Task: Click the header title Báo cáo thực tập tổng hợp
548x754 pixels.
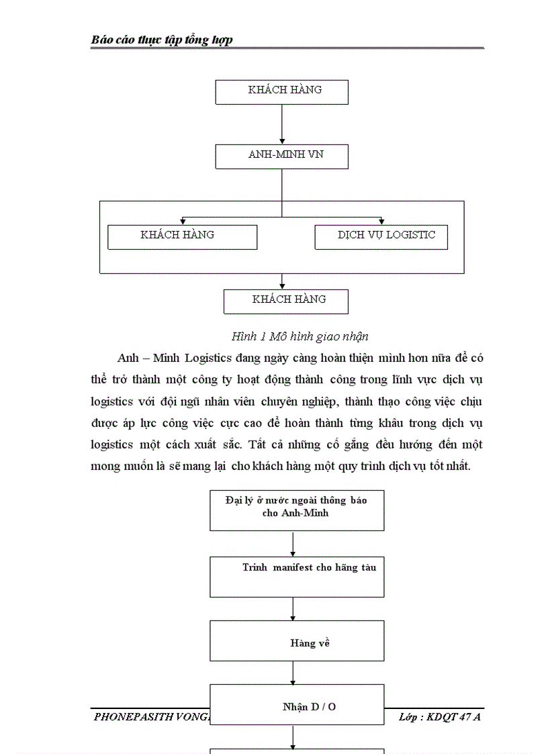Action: click(162, 40)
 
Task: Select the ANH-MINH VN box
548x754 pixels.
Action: click(281, 156)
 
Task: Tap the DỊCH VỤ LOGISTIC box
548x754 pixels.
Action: click(381, 237)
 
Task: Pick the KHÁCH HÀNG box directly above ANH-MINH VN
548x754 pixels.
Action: click(281, 92)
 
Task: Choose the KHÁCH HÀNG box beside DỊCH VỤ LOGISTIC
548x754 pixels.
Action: click(182, 237)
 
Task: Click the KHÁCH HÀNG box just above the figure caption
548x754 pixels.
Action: click(285, 301)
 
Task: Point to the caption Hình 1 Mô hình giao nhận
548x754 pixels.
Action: click(300, 336)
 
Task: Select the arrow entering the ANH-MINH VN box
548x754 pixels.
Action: click(281, 125)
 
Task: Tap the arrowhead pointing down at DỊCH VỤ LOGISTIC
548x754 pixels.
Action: click(381, 221)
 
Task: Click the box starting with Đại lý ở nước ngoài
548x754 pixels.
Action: click(297, 510)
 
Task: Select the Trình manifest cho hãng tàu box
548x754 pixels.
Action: click(297, 577)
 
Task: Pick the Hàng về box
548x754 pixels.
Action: click(297, 643)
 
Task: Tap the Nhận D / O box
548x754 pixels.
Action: click(297, 706)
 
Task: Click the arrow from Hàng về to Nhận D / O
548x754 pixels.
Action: click(293, 673)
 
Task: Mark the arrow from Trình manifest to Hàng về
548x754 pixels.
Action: click(293, 608)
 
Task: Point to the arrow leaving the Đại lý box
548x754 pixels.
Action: click(293, 543)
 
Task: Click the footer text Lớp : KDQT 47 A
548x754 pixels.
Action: click(440, 717)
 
